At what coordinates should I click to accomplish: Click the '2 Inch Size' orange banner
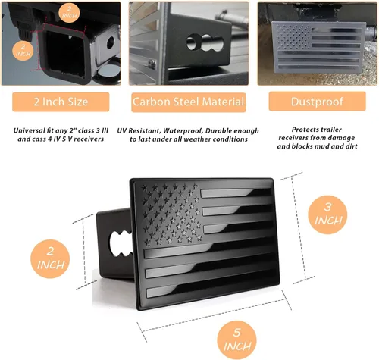pyautogui.click(x=61, y=102)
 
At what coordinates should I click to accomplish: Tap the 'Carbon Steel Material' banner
pyautogui.click(x=189, y=102)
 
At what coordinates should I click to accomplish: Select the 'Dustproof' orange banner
pyautogui.click(x=317, y=102)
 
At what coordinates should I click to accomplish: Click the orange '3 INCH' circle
pyautogui.click(x=327, y=214)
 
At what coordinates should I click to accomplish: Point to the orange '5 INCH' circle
pyautogui.click(x=236, y=340)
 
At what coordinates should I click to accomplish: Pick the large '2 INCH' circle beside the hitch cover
pyautogui.click(x=50, y=259)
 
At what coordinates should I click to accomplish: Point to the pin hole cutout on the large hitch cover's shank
pyautogui.click(x=120, y=244)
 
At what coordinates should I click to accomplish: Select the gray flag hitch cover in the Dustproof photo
pyautogui.click(x=318, y=48)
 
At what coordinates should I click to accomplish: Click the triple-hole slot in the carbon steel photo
pyautogui.click(x=205, y=42)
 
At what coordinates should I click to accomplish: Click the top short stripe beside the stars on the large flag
pyautogui.click(x=236, y=193)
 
